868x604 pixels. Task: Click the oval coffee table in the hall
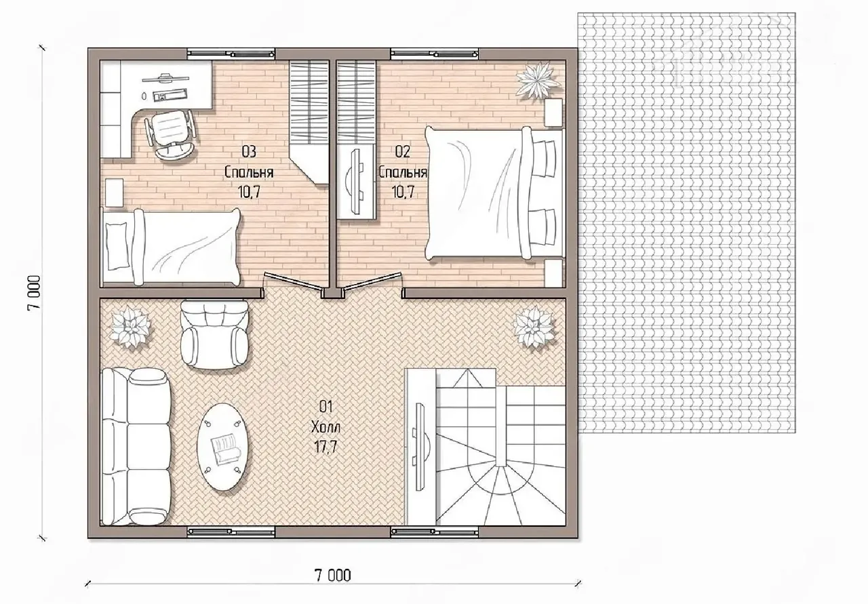223,447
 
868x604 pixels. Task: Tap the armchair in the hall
214,334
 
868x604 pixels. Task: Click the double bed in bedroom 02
494,193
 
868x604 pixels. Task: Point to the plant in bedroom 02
538,80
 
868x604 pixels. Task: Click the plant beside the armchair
129,326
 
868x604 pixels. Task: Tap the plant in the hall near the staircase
534,327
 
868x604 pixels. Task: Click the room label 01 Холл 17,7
326,427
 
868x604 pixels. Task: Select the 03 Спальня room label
249,172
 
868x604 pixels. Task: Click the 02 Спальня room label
403,172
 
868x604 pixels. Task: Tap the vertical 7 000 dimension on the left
34,292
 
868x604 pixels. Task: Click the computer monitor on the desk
165,78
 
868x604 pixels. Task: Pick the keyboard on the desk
170,94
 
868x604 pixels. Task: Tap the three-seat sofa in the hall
136,447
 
